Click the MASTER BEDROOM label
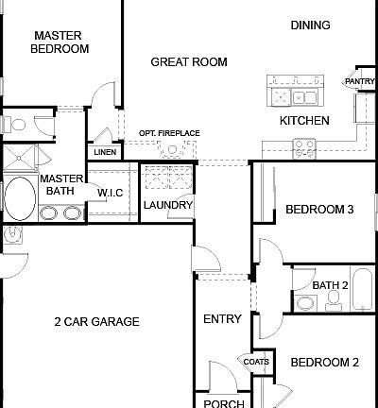pyautogui.click(x=61, y=42)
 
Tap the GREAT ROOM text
pyautogui.click(x=189, y=62)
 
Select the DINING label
pyautogui.click(x=309, y=26)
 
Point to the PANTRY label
pyautogui.click(x=359, y=82)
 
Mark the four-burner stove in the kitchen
pyautogui.click(x=305, y=146)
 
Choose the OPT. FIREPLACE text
pyautogui.click(x=168, y=133)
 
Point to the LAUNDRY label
pyautogui.click(x=168, y=205)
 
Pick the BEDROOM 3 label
pyautogui.click(x=319, y=209)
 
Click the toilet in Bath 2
pyautogui.click(x=333, y=298)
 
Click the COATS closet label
pyautogui.click(x=256, y=362)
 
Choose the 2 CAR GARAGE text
pyautogui.click(x=96, y=322)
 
